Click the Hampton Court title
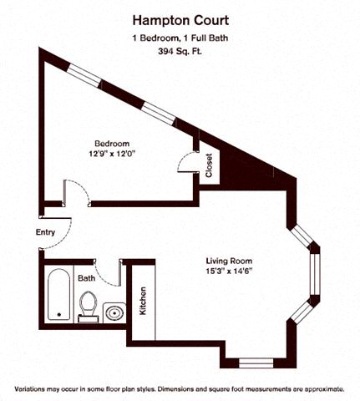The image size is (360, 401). [x=180, y=18]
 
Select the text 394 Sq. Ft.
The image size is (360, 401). [x=180, y=52]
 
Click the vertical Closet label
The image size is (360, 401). [x=208, y=165]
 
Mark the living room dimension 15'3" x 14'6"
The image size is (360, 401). [x=228, y=272]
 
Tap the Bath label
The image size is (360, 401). [x=87, y=277]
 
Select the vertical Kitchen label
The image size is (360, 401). [x=144, y=301]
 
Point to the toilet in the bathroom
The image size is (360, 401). [x=88, y=307]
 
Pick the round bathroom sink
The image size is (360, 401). [x=114, y=312]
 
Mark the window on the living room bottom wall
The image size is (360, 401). [x=251, y=363]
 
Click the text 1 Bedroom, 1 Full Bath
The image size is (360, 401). [x=180, y=38]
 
